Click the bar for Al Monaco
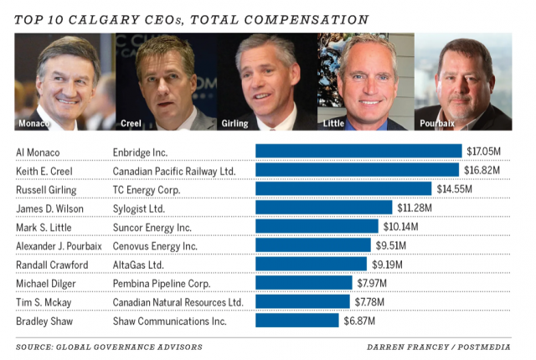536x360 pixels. [358, 152]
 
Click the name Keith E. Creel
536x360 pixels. [44, 170]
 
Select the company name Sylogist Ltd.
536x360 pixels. [138, 208]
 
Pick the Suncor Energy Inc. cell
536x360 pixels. [152, 227]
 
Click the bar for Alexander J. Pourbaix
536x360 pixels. [312, 245]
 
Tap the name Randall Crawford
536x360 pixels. [52, 265]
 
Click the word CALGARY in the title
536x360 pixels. [121, 18]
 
